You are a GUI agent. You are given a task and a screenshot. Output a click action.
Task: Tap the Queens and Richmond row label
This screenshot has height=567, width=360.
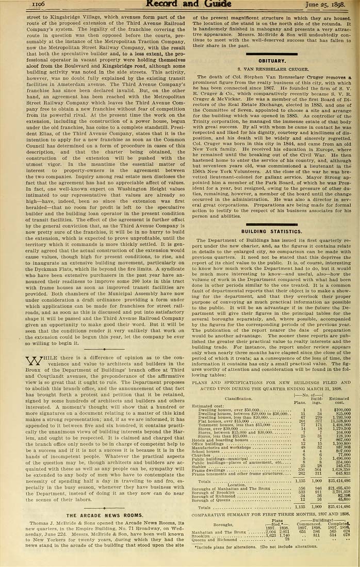pyautogui.click(x=216, y=539)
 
